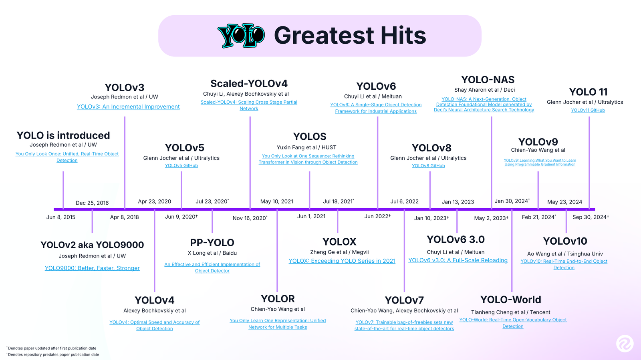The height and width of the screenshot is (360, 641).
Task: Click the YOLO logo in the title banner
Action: click(241, 36)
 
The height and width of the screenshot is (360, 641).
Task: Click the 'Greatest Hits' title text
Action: click(350, 36)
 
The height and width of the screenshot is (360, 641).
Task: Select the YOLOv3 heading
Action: click(124, 88)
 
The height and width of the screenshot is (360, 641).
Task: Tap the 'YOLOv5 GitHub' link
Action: click(181, 166)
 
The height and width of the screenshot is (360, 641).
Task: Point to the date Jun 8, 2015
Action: click(61, 217)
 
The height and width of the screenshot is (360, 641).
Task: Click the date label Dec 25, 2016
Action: click(92, 203)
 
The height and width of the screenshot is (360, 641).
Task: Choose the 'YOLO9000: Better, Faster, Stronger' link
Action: click(92, 268)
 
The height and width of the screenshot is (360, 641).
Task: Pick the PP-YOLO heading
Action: click(212, 243)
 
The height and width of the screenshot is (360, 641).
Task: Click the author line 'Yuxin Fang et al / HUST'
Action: click(306, 147)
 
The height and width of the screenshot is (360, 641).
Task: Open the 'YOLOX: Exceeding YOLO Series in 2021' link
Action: click(342, 261)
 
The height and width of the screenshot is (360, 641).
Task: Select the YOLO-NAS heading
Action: click(488, 80)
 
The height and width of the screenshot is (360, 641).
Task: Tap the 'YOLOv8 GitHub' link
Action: click(428, 166)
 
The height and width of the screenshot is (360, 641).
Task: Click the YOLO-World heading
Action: click(510, 300)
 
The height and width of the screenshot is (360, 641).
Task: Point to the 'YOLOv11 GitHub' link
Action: click(588, 111)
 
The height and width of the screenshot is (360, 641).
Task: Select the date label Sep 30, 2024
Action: click(590, 217)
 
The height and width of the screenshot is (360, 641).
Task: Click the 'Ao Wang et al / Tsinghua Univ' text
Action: click(565, 254)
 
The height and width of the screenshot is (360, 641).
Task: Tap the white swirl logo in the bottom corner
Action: click(625, 344)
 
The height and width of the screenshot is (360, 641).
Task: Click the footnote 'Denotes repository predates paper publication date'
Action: click(54, 355)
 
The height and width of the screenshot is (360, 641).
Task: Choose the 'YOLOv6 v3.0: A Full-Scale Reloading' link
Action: click(458, 261)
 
